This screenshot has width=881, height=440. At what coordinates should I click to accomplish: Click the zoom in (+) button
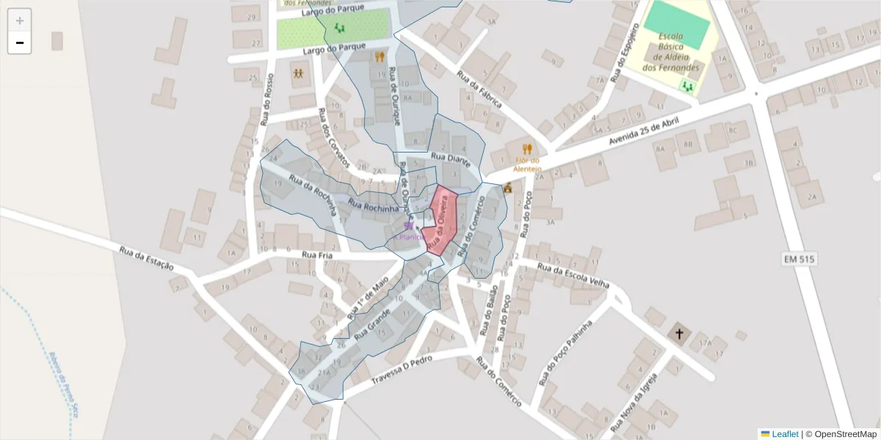point(20,21)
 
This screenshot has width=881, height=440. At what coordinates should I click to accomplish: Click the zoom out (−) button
point(20,43)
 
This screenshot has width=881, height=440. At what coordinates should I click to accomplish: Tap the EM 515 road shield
point(798,260)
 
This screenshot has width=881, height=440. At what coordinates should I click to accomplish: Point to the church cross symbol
point(679,334)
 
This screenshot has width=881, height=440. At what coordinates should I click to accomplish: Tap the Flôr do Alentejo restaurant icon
point(527,149)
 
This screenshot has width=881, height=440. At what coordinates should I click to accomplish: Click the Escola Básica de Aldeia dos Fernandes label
point(670,52)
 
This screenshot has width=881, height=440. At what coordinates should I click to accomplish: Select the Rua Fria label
point(317,255)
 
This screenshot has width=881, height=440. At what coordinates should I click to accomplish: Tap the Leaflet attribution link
point(784,434)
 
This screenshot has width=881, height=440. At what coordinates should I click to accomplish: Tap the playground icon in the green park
point(339,28)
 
